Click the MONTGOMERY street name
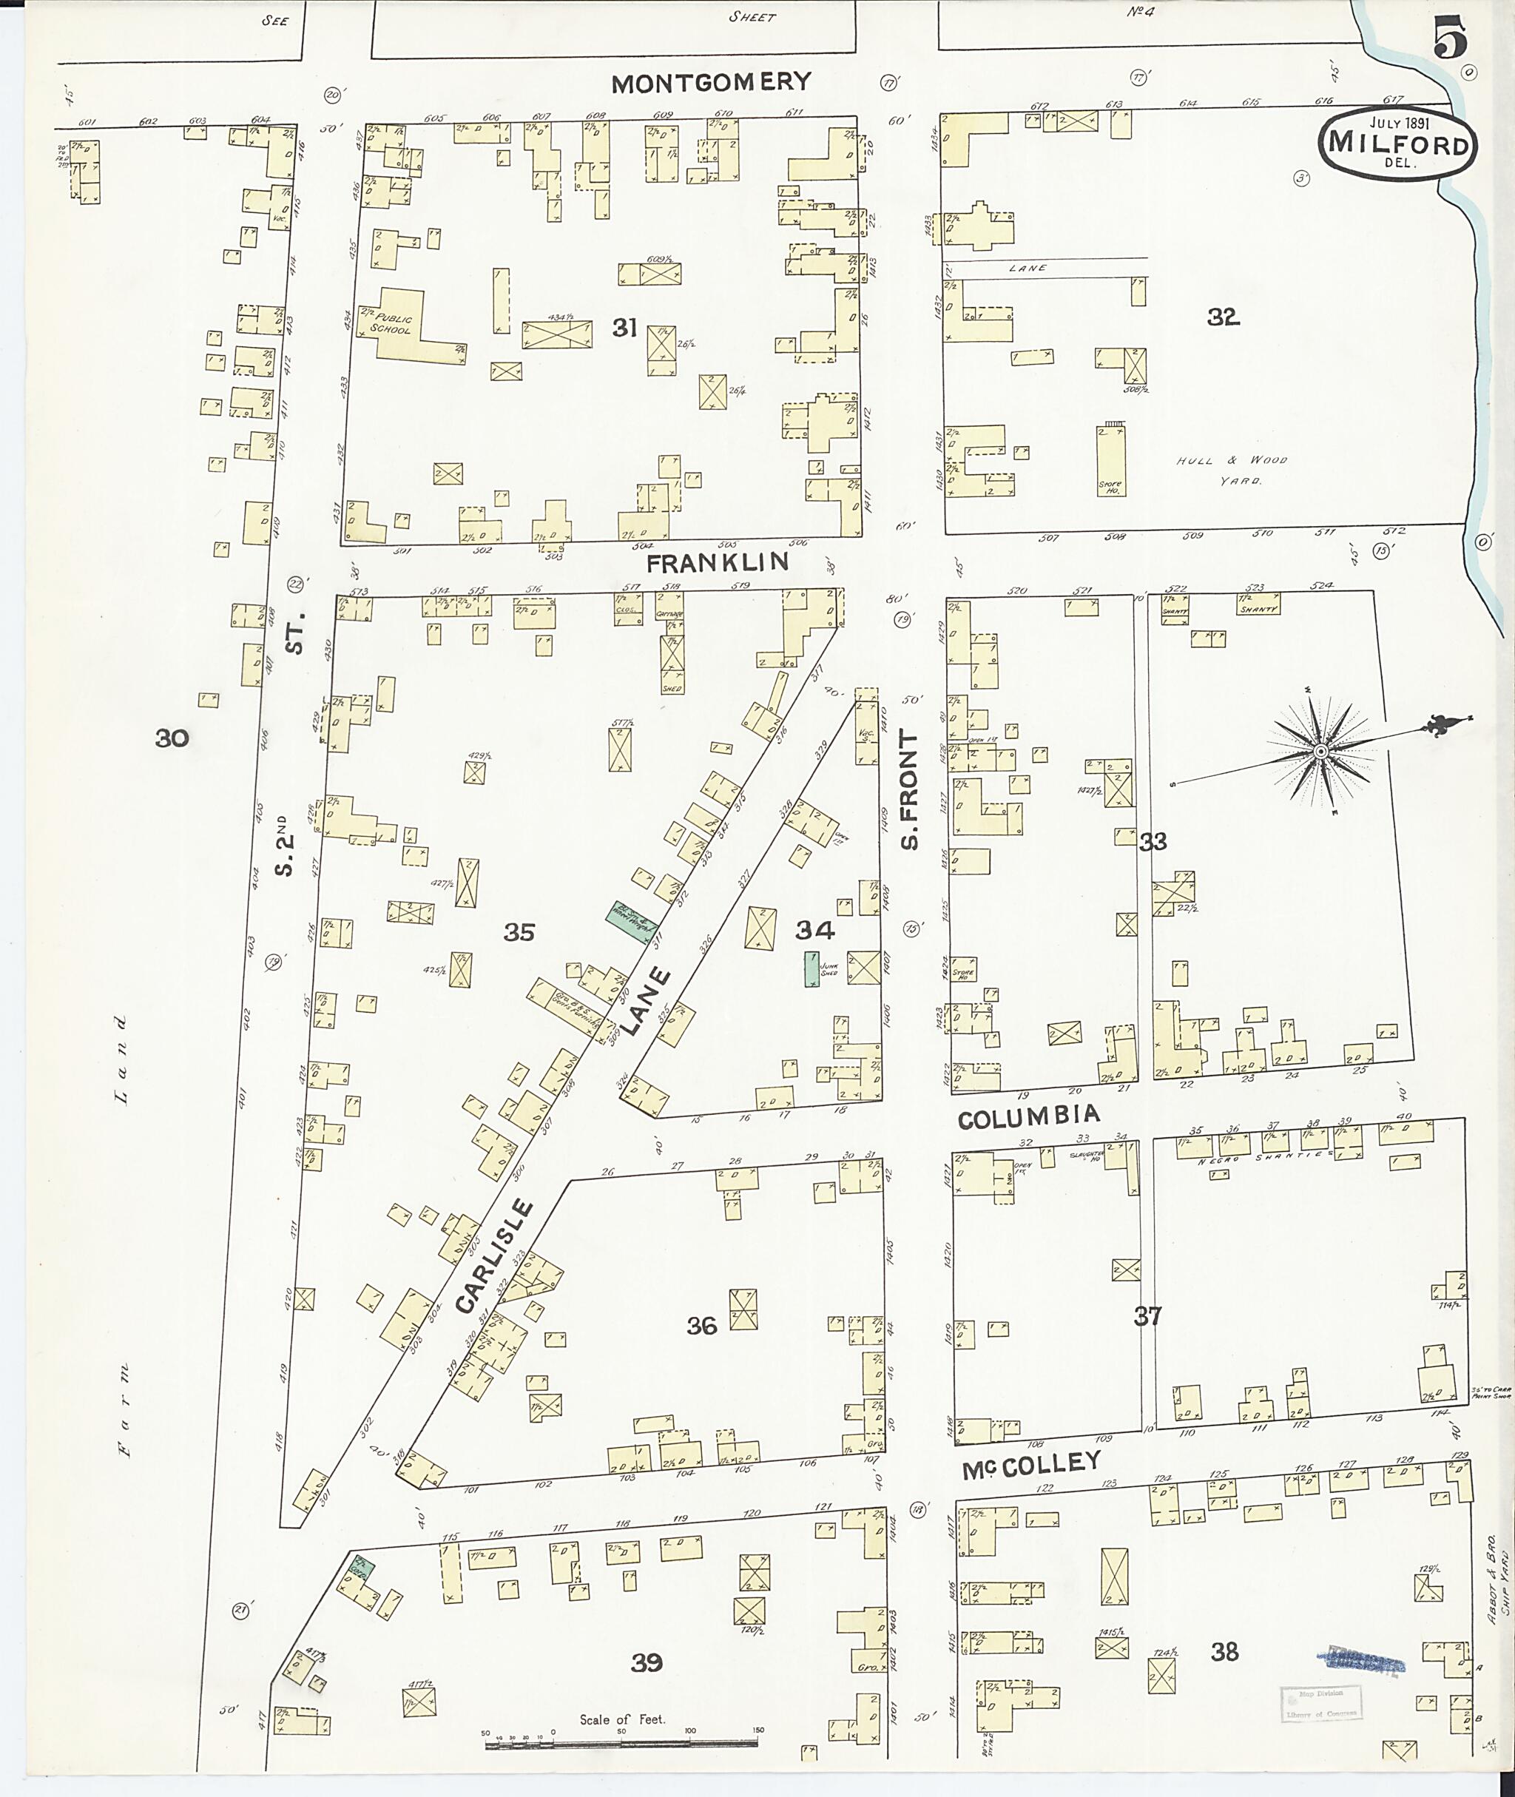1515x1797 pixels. pyautogui.click(x=711, y=82)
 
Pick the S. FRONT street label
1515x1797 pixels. pyautogui.click(x=911, y=789)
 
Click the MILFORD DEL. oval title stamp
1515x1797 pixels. pyautogui.click(x=1397, y=143)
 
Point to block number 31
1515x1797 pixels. pyautogui.click(x=624, y=327)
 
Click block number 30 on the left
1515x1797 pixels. pyautogui.click(x=171, y=737)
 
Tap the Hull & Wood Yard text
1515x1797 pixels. pyautogui.click(x=1232, y=470)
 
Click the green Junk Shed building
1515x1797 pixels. pyautogui.click(x=810, y=968)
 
